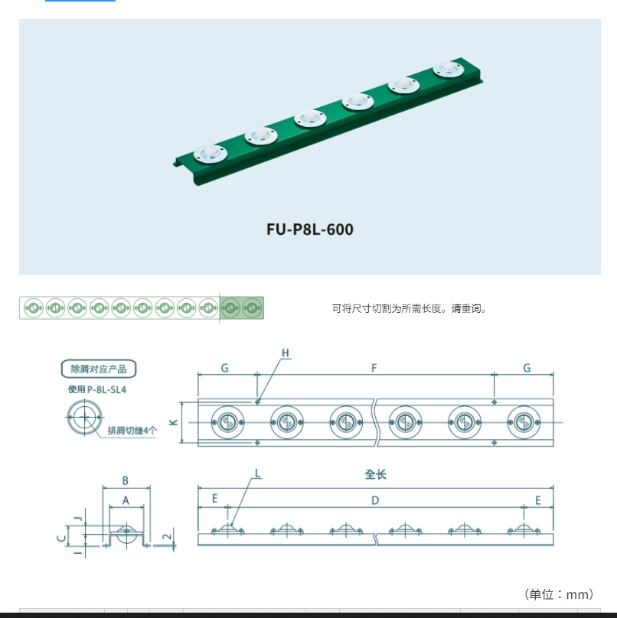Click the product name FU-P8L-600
[x=310, y=229]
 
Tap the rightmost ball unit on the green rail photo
[x=449, y=70]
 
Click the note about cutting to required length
[x=410, y=309]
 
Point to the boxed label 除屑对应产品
[x=99, y=369]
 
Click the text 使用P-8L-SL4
[x=97, y=390]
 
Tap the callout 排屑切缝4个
[x=132, y=430]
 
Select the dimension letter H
[x=286, y=353]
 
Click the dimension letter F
[x=374, y=368]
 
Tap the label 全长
[x=375, y=474]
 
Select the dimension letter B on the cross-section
[x=126, y=481]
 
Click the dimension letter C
[x=61, y=538]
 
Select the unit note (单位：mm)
[x=560, y=594]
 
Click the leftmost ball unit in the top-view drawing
[x=227, y=421]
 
